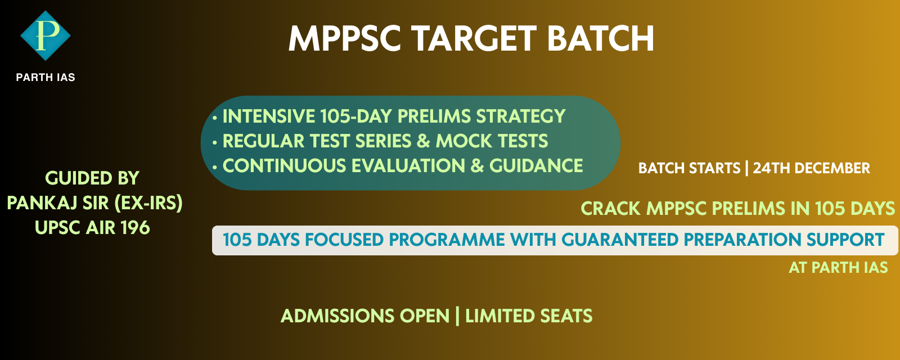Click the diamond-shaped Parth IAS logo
point(45,35)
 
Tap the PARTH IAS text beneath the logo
point(46,78)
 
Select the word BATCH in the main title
point(600,39)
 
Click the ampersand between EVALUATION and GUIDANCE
point(477,166)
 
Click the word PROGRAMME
point(447,240)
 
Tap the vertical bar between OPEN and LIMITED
point(457,316)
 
